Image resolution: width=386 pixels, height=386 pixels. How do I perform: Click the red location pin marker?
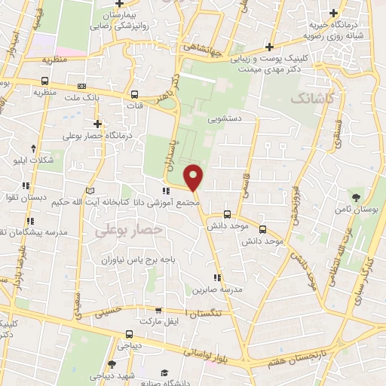tap(194, 178)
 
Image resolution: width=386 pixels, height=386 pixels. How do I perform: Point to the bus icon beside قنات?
tap(134, 95)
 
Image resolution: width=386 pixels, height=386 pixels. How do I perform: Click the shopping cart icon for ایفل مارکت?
tap(158, 310)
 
